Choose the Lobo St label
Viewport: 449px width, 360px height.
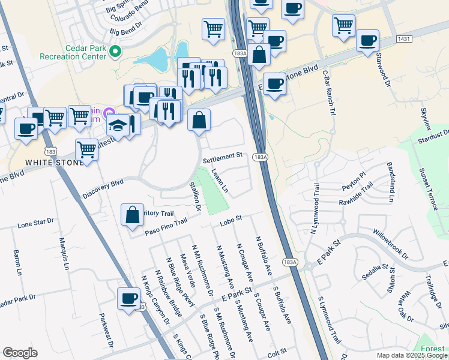230,221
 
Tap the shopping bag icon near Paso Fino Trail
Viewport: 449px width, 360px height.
132,215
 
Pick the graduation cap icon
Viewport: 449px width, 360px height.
116,126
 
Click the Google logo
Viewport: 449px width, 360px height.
20,353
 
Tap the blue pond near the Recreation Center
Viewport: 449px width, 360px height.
160,59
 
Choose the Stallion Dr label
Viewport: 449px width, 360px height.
195,197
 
